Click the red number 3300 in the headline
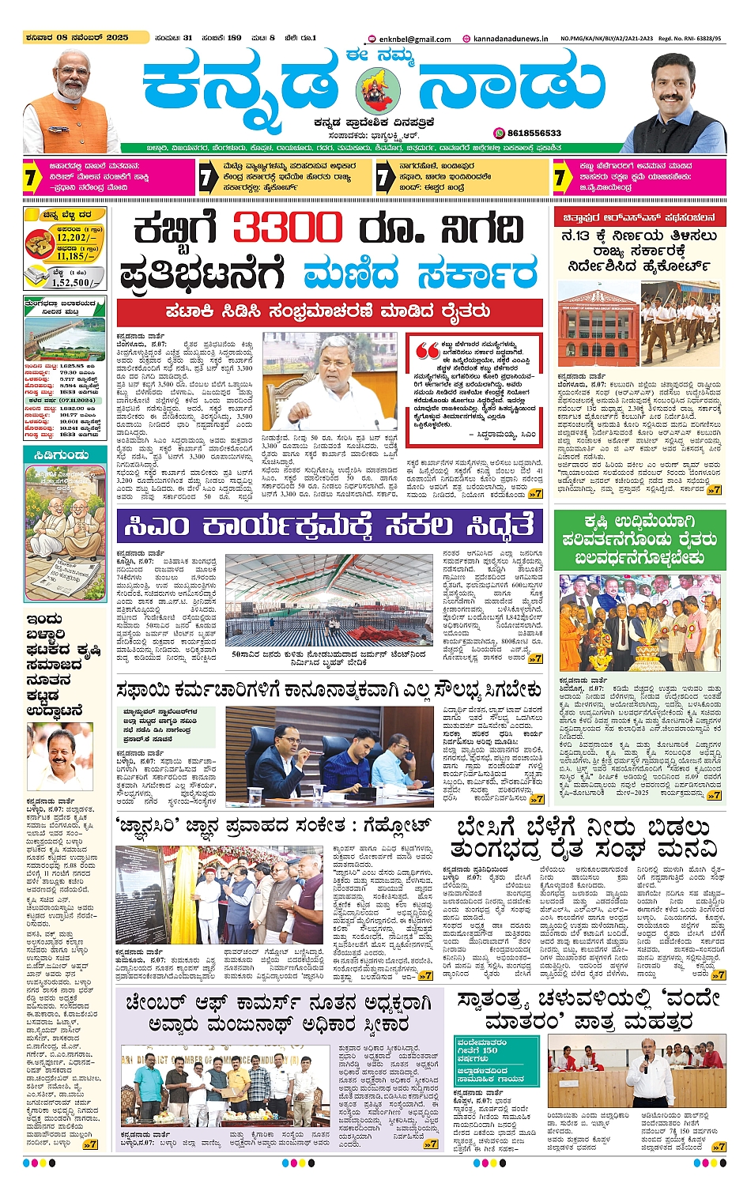click(287, 230)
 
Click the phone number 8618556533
click(534, 133)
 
